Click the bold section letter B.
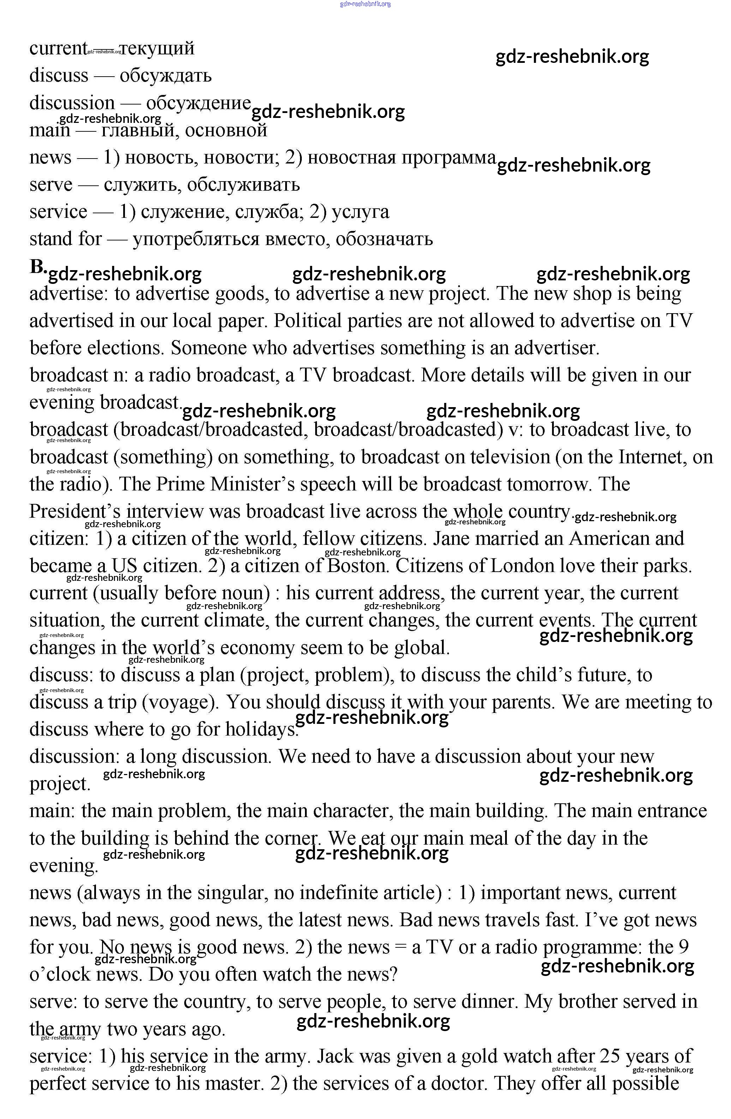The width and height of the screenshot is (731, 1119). [37, 267]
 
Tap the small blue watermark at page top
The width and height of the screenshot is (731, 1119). [365, 4]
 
